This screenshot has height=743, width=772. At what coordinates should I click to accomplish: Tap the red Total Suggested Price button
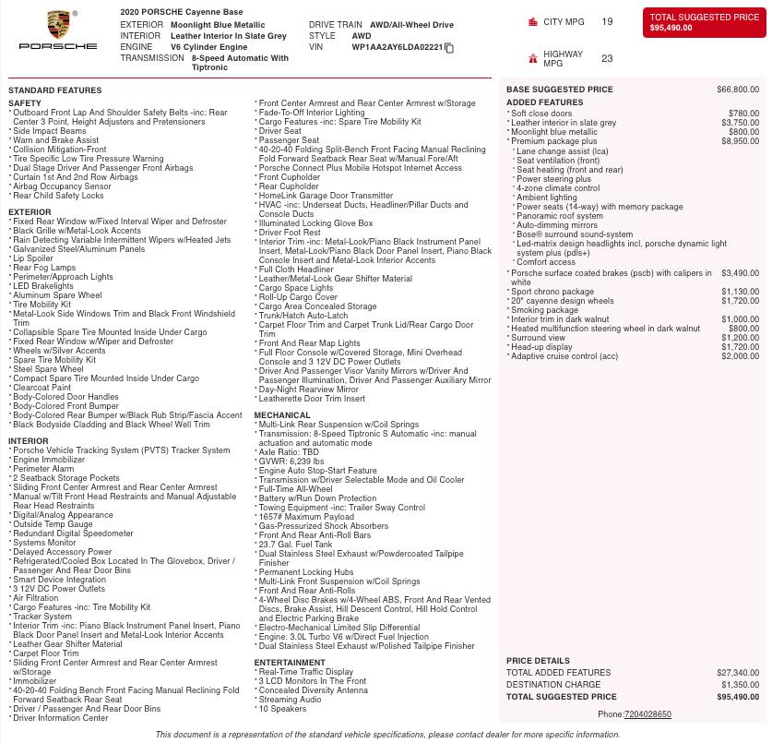pyautogui.click(x=704, y=23)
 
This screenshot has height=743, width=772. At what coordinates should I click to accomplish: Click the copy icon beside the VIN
pyautogui.click(x=450, y=48)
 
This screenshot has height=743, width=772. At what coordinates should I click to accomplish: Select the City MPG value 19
pyautogui.click(x=607, y=21)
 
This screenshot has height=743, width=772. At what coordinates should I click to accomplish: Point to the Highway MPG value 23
pyautogui.click(x=607, y=58)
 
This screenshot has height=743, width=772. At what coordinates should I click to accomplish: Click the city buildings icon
pyautogui.click(x=532, y=21)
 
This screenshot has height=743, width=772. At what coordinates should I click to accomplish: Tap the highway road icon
pyautogui.click(x=532, y=58)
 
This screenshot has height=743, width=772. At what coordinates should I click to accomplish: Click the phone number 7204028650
pyautogui.click(x=647, y=714)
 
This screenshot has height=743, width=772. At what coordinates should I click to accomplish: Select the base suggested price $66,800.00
pyautogui.click(x=738, y=90)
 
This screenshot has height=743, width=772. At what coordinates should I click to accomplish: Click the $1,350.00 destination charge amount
pyautogui.click(x=740, y=685)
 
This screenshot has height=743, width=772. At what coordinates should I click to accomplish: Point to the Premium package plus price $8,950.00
pyautogui.click(x=740, y=141)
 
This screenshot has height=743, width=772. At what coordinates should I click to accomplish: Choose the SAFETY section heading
pyautogui.click(x=25, y=103)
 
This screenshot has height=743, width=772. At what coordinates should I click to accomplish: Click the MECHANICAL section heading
pyautogui.click(x=282, y=415)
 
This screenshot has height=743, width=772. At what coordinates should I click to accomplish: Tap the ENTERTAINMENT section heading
pyautogui.click(x=290, y=663)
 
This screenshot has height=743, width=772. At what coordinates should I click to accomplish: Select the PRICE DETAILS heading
pyautogui.click(x=538, y=661)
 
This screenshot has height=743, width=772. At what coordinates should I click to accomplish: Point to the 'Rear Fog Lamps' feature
pyautogui.click(x=44, y=268)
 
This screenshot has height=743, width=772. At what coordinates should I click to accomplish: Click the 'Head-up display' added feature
pyautogui.click(x=541, y=347)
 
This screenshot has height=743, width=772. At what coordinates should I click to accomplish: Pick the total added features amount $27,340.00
pyautogui.click(x=738, y=673)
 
